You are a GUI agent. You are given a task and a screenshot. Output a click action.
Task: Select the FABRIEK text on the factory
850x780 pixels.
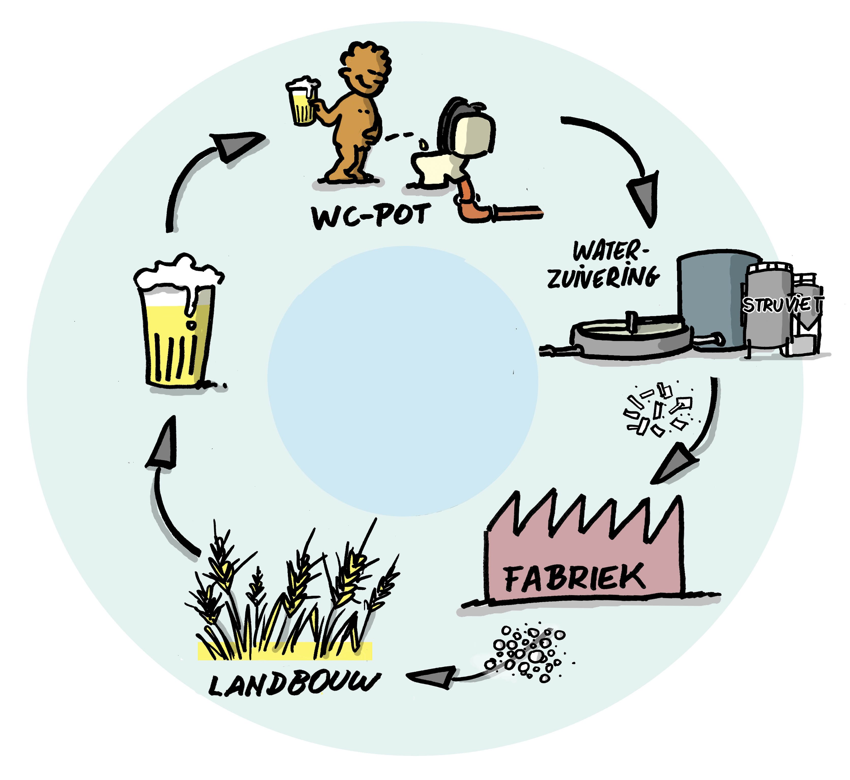pyautogui.click(x=575, y=578)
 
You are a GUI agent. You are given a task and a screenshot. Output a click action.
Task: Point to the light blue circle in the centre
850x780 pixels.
pyautogui.click(x=402, y=381)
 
